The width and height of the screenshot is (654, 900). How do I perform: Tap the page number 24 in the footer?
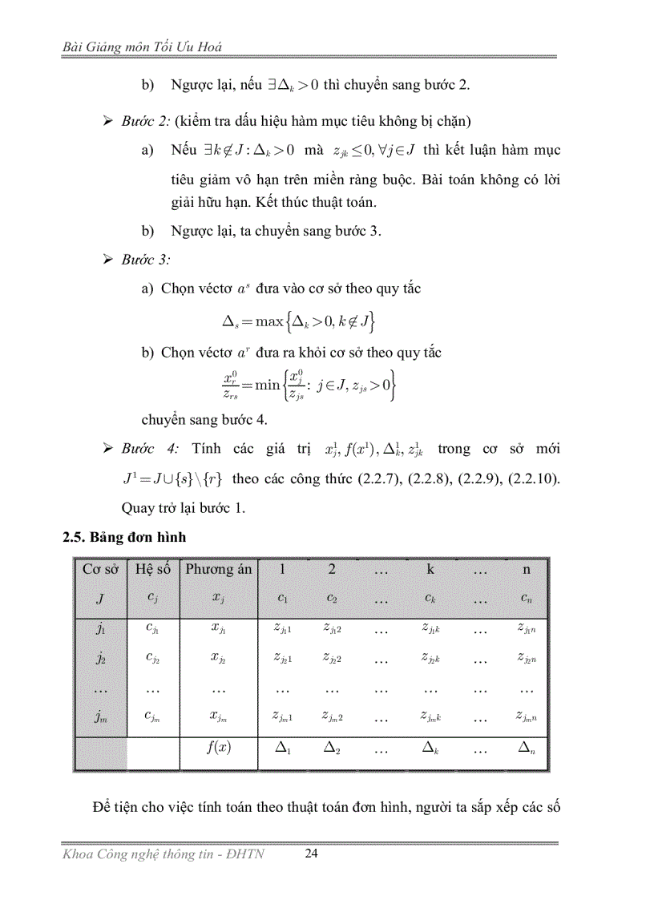pos(313,854)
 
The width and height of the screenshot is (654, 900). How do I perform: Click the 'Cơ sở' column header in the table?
pos(100,569)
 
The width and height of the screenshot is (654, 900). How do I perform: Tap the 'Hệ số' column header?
pos(153,569)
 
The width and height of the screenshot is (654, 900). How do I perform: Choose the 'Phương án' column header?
pos(219,569)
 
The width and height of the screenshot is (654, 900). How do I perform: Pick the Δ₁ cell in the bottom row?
pos(283,748)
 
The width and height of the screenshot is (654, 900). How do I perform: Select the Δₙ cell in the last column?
pos(526,748)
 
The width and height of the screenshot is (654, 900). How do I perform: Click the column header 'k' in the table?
pos(430,569)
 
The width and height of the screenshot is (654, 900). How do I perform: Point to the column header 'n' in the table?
pos(526,569)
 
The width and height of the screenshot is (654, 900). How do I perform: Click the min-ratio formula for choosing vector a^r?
pos(307,385)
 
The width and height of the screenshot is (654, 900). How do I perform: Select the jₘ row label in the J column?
pos(100,716)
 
